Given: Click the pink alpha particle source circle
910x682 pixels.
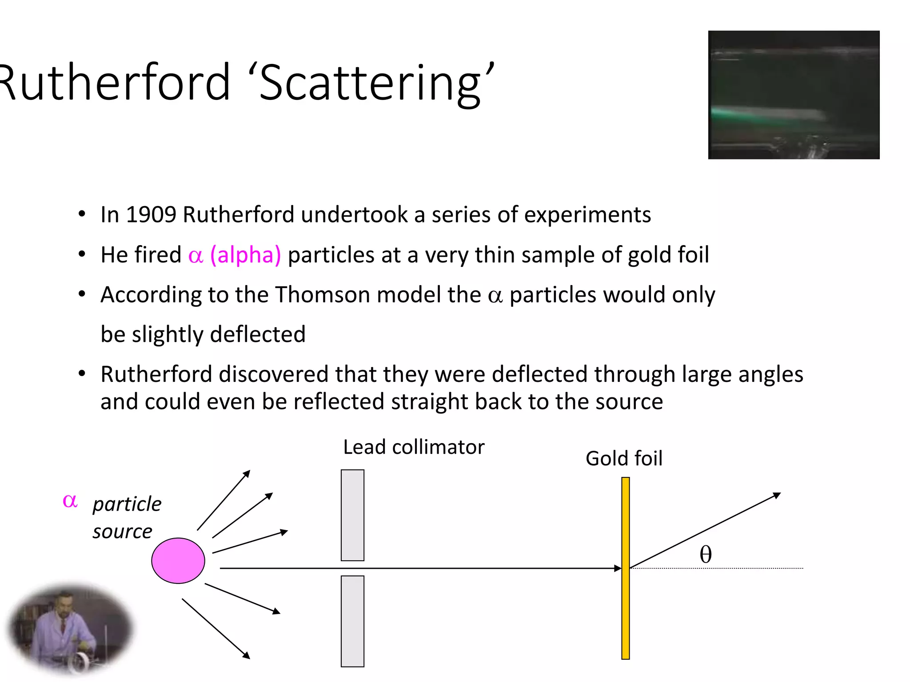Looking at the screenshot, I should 178,560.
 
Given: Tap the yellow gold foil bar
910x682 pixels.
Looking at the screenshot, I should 626,568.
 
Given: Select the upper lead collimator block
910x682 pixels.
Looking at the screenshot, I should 352,515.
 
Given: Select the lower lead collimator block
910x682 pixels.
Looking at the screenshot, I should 352,621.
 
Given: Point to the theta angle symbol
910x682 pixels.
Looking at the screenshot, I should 706,554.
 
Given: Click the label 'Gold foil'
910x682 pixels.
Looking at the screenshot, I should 624,458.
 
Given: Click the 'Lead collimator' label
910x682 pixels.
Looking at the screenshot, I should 414,447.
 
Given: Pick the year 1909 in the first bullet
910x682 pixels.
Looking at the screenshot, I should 151,214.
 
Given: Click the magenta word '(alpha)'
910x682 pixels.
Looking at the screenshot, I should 245,255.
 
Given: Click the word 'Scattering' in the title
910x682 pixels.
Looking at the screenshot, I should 370,83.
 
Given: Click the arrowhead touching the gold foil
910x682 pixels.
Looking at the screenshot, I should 618,568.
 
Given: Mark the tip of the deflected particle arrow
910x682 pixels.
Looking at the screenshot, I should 779,494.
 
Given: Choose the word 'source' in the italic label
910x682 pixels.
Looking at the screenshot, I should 122,531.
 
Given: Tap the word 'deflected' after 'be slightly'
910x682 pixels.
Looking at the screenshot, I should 258,334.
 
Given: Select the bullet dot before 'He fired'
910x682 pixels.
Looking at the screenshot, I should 82,255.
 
